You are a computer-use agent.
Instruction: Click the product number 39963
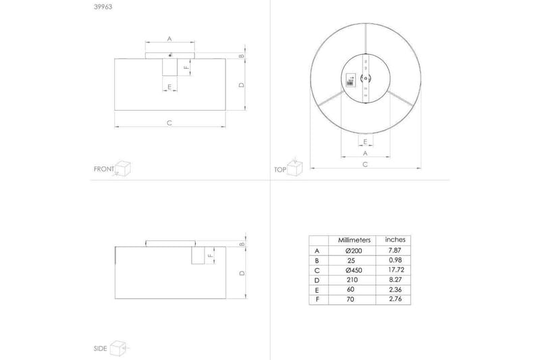click(x=102, y=9)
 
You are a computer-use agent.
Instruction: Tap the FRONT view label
click(x=103, y=169)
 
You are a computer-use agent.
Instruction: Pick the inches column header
click(x=394, y=240)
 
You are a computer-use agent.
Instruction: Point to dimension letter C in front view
click(x=169, y=122)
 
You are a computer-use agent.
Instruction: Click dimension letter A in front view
click(x=169, y=38)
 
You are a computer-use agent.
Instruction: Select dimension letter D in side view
click(x=242, y=273)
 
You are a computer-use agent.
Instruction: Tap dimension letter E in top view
click(x=364, y=141)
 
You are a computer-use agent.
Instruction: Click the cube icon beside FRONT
click(x=122, y=168)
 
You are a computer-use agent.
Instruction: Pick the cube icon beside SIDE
click(x=119, y=347)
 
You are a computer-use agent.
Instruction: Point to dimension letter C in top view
click(x=364, y=164)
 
